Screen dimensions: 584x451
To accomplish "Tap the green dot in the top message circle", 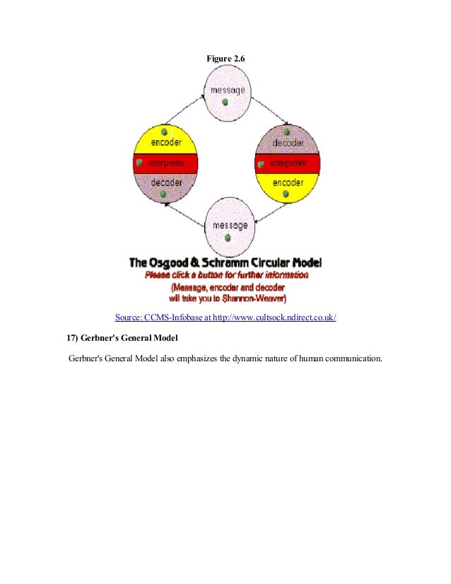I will [225, 102].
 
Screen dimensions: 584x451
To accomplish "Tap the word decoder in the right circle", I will [287, 142].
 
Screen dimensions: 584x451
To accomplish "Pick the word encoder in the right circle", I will [287, 182].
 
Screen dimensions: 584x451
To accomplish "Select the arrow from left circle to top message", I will [183, 109].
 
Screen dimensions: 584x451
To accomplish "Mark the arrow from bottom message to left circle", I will [182, 214].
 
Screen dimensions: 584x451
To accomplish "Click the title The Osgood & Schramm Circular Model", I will [225, 263].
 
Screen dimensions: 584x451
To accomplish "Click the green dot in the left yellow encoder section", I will [163, 132].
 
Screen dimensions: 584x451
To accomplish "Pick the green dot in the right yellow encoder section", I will [285, 193].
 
